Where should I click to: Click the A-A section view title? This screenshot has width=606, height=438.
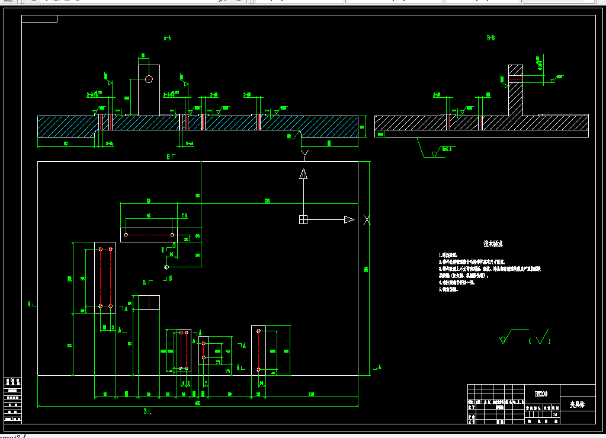(167, 39)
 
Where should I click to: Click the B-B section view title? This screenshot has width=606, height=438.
(490, 39)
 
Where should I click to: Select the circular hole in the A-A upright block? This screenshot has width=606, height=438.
(149, 79)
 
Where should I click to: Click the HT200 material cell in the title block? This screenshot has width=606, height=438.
(541, 394)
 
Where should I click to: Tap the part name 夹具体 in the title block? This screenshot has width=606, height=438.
(577, 405)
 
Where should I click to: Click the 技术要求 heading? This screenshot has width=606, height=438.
(493, 244)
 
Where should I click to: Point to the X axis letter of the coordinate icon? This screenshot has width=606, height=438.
(367, 220)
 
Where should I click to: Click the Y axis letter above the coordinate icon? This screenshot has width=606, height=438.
(304, 155)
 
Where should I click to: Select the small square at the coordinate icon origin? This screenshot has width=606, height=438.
(303, 220)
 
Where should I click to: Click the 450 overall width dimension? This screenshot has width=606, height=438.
(197, 404)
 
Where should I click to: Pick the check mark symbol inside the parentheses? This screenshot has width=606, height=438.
(541, 338)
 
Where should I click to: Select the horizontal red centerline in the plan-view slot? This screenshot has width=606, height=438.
(149, 235)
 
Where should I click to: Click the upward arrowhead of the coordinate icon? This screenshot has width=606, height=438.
(303, 174)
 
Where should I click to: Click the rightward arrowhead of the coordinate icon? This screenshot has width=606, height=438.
(349, 220)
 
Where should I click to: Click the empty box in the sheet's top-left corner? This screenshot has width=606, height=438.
(40, 19)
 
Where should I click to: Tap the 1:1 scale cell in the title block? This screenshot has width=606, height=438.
(554, 415)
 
